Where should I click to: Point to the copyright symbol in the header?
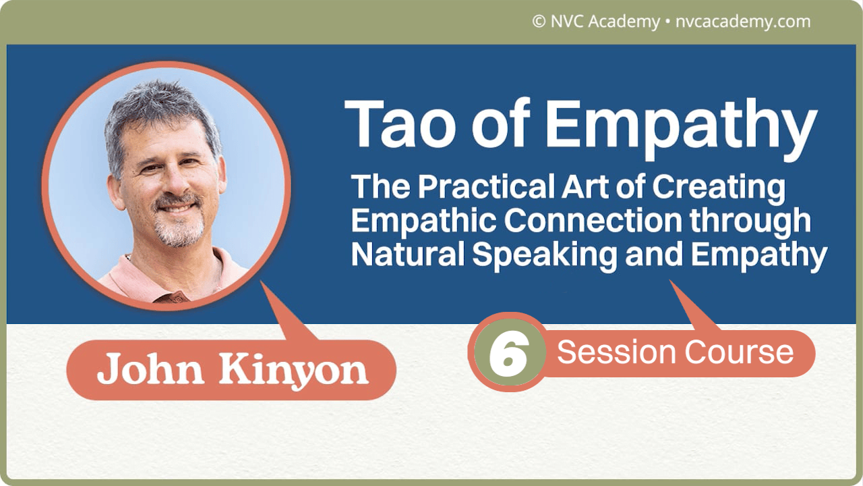click(538, 22)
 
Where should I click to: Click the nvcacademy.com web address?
click(742, 22)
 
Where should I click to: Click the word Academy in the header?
click(624, 22)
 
